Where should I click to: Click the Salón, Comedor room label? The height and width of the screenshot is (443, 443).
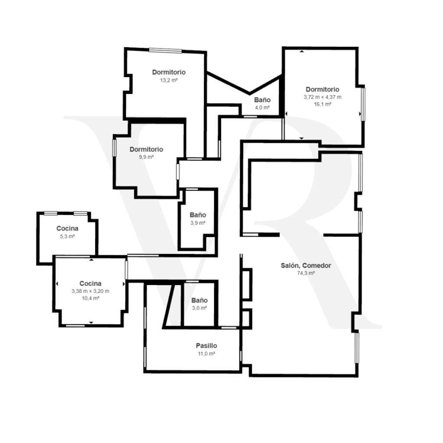[306, 265]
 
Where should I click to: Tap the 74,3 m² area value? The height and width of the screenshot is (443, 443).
[306, 273]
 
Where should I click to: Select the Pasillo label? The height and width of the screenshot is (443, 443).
[206, 346]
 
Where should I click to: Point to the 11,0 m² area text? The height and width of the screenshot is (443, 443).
[206, 353]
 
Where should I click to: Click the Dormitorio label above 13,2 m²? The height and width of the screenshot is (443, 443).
[169, 72]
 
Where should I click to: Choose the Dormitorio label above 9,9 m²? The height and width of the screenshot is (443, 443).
[146, 149]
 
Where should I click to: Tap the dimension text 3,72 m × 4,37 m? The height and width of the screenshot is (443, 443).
[322, 97]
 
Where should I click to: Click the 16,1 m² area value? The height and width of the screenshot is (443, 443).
[322, 104]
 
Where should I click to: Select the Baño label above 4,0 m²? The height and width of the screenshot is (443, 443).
[262, 100]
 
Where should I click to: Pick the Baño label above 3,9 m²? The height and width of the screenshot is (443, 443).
[198, 215]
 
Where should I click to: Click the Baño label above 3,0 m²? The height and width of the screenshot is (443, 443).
[199, 300]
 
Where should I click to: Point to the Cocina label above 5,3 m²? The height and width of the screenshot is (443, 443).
[67, 228]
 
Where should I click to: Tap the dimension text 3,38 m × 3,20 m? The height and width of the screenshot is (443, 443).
[90, 291]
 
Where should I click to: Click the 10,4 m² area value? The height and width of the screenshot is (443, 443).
[90, 299]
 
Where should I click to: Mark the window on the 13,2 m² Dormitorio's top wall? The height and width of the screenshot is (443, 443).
[166, 51]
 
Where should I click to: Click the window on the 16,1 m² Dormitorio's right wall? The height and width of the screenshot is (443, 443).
[363, 104]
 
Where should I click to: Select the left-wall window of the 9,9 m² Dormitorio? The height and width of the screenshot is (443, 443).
[114, 148]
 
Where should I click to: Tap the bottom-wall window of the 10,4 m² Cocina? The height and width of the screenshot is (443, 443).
[75, 326]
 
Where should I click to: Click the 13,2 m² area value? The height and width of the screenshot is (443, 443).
[169, 80]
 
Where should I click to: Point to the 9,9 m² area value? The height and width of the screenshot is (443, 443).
[146, 157]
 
